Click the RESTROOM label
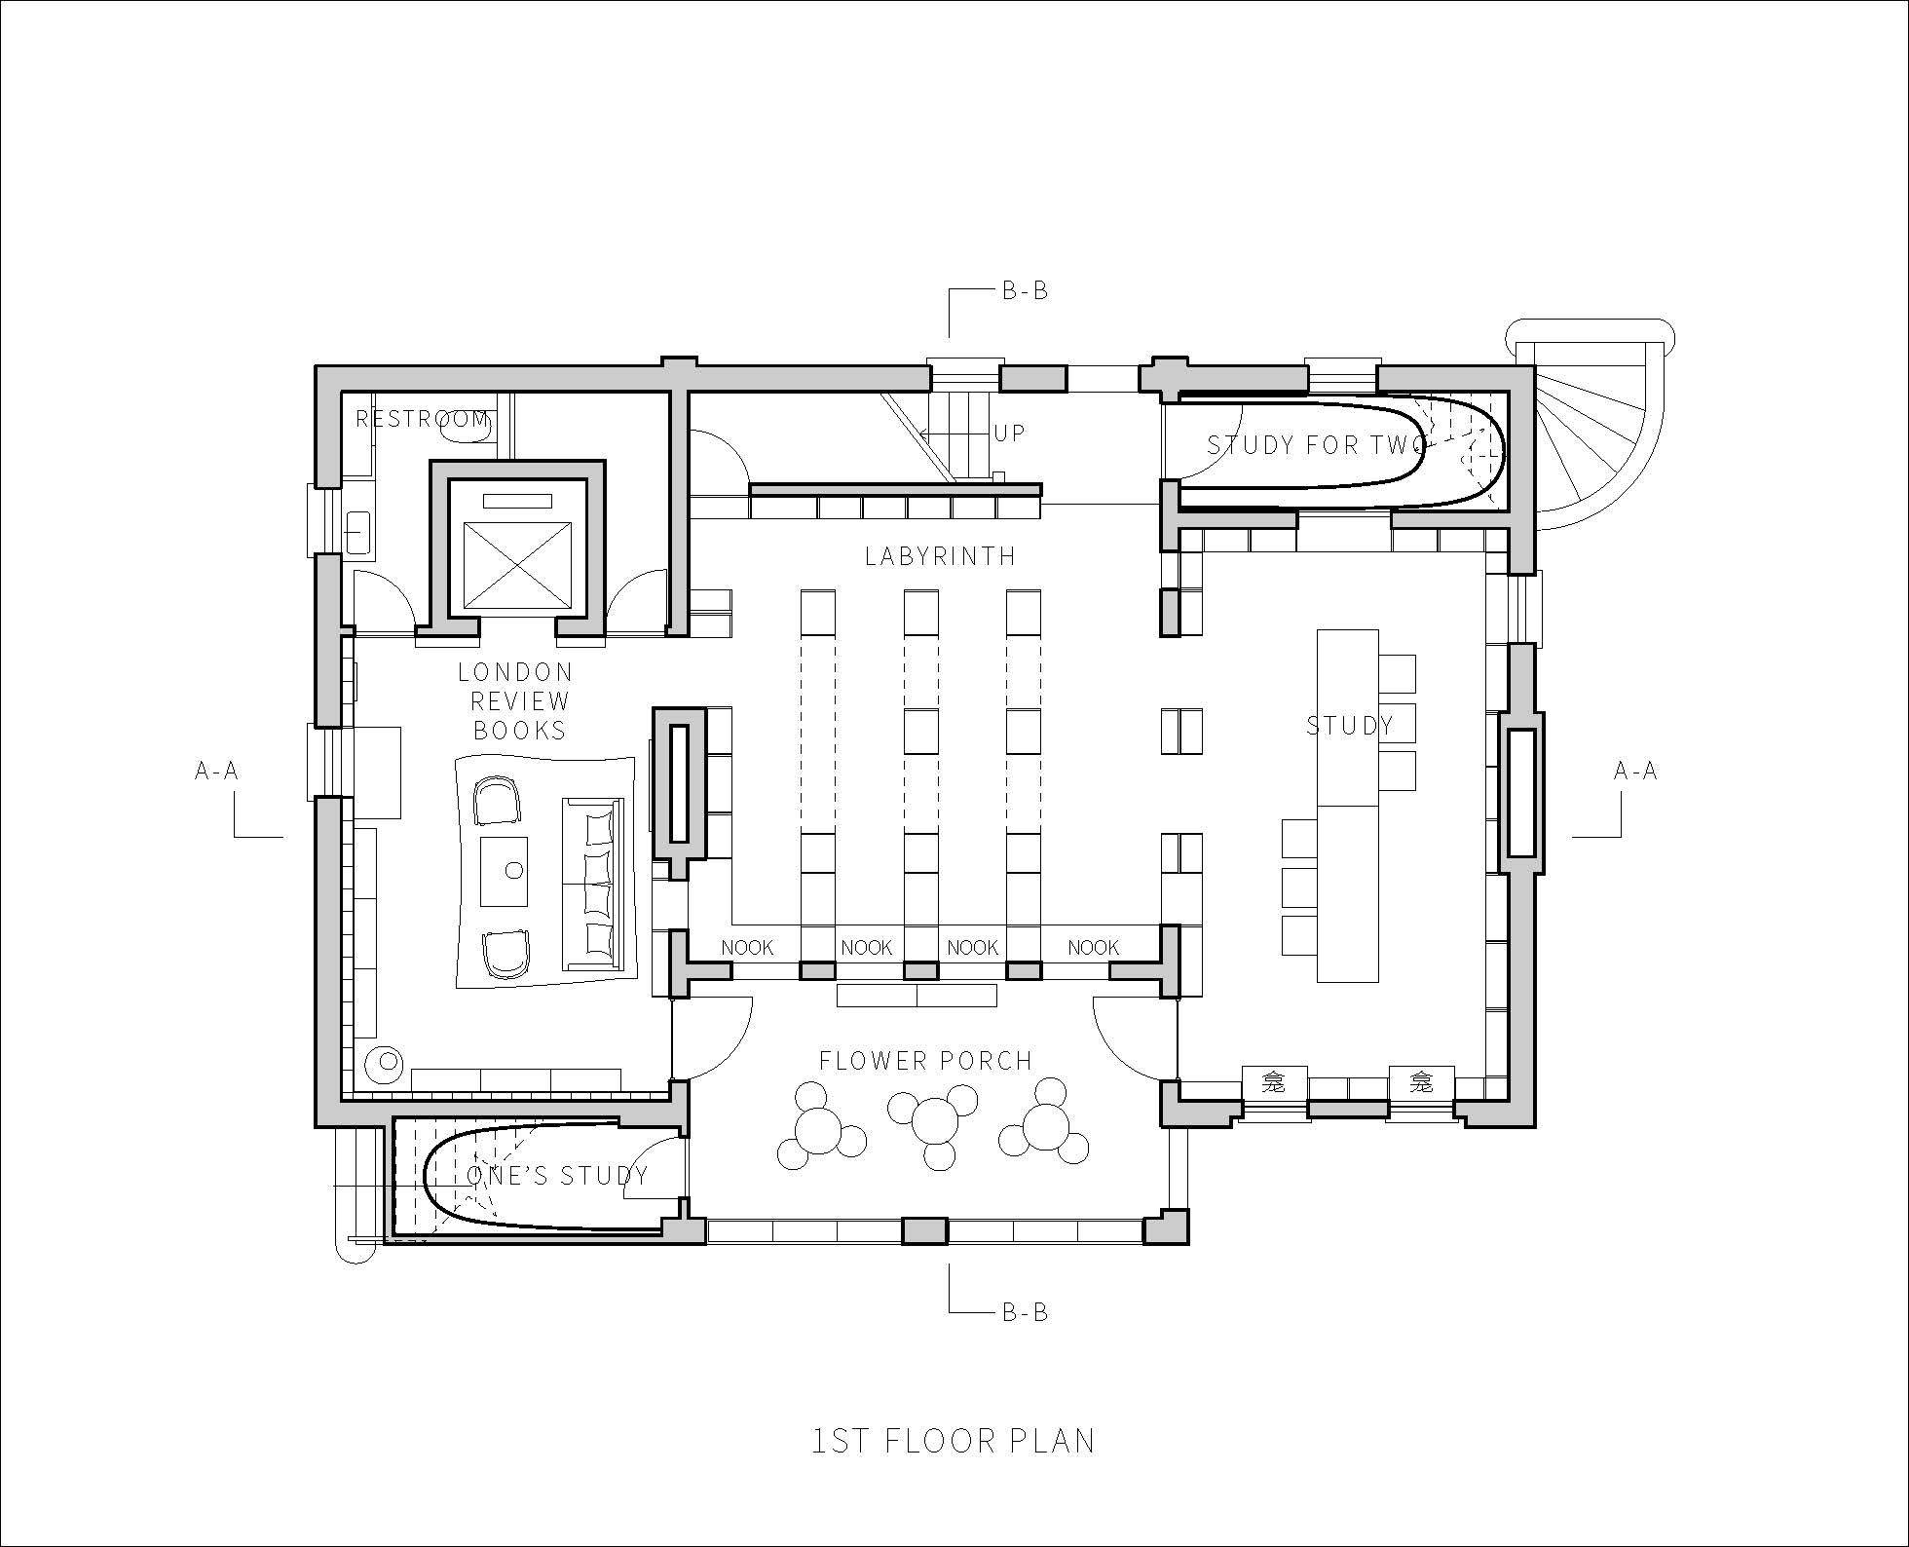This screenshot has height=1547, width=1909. click(x=422, y=419)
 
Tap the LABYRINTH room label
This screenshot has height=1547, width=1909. click(x=940, y=556)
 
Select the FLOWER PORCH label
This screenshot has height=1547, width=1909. click(x=925, y=1061)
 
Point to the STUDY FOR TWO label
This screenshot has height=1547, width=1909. click(x=1317, y=445)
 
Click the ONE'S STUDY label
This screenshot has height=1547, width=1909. click(x=557, y=1176)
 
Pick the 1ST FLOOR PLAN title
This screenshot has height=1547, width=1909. click(x=954, y=1441)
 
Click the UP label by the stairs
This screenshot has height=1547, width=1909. click(x=1009, y=433)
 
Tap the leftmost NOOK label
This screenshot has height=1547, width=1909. click(x=747, y=947)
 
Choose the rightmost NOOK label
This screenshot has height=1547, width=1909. click(x=1094, y=947)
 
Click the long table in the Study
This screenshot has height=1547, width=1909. click(x=1348, y=806)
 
